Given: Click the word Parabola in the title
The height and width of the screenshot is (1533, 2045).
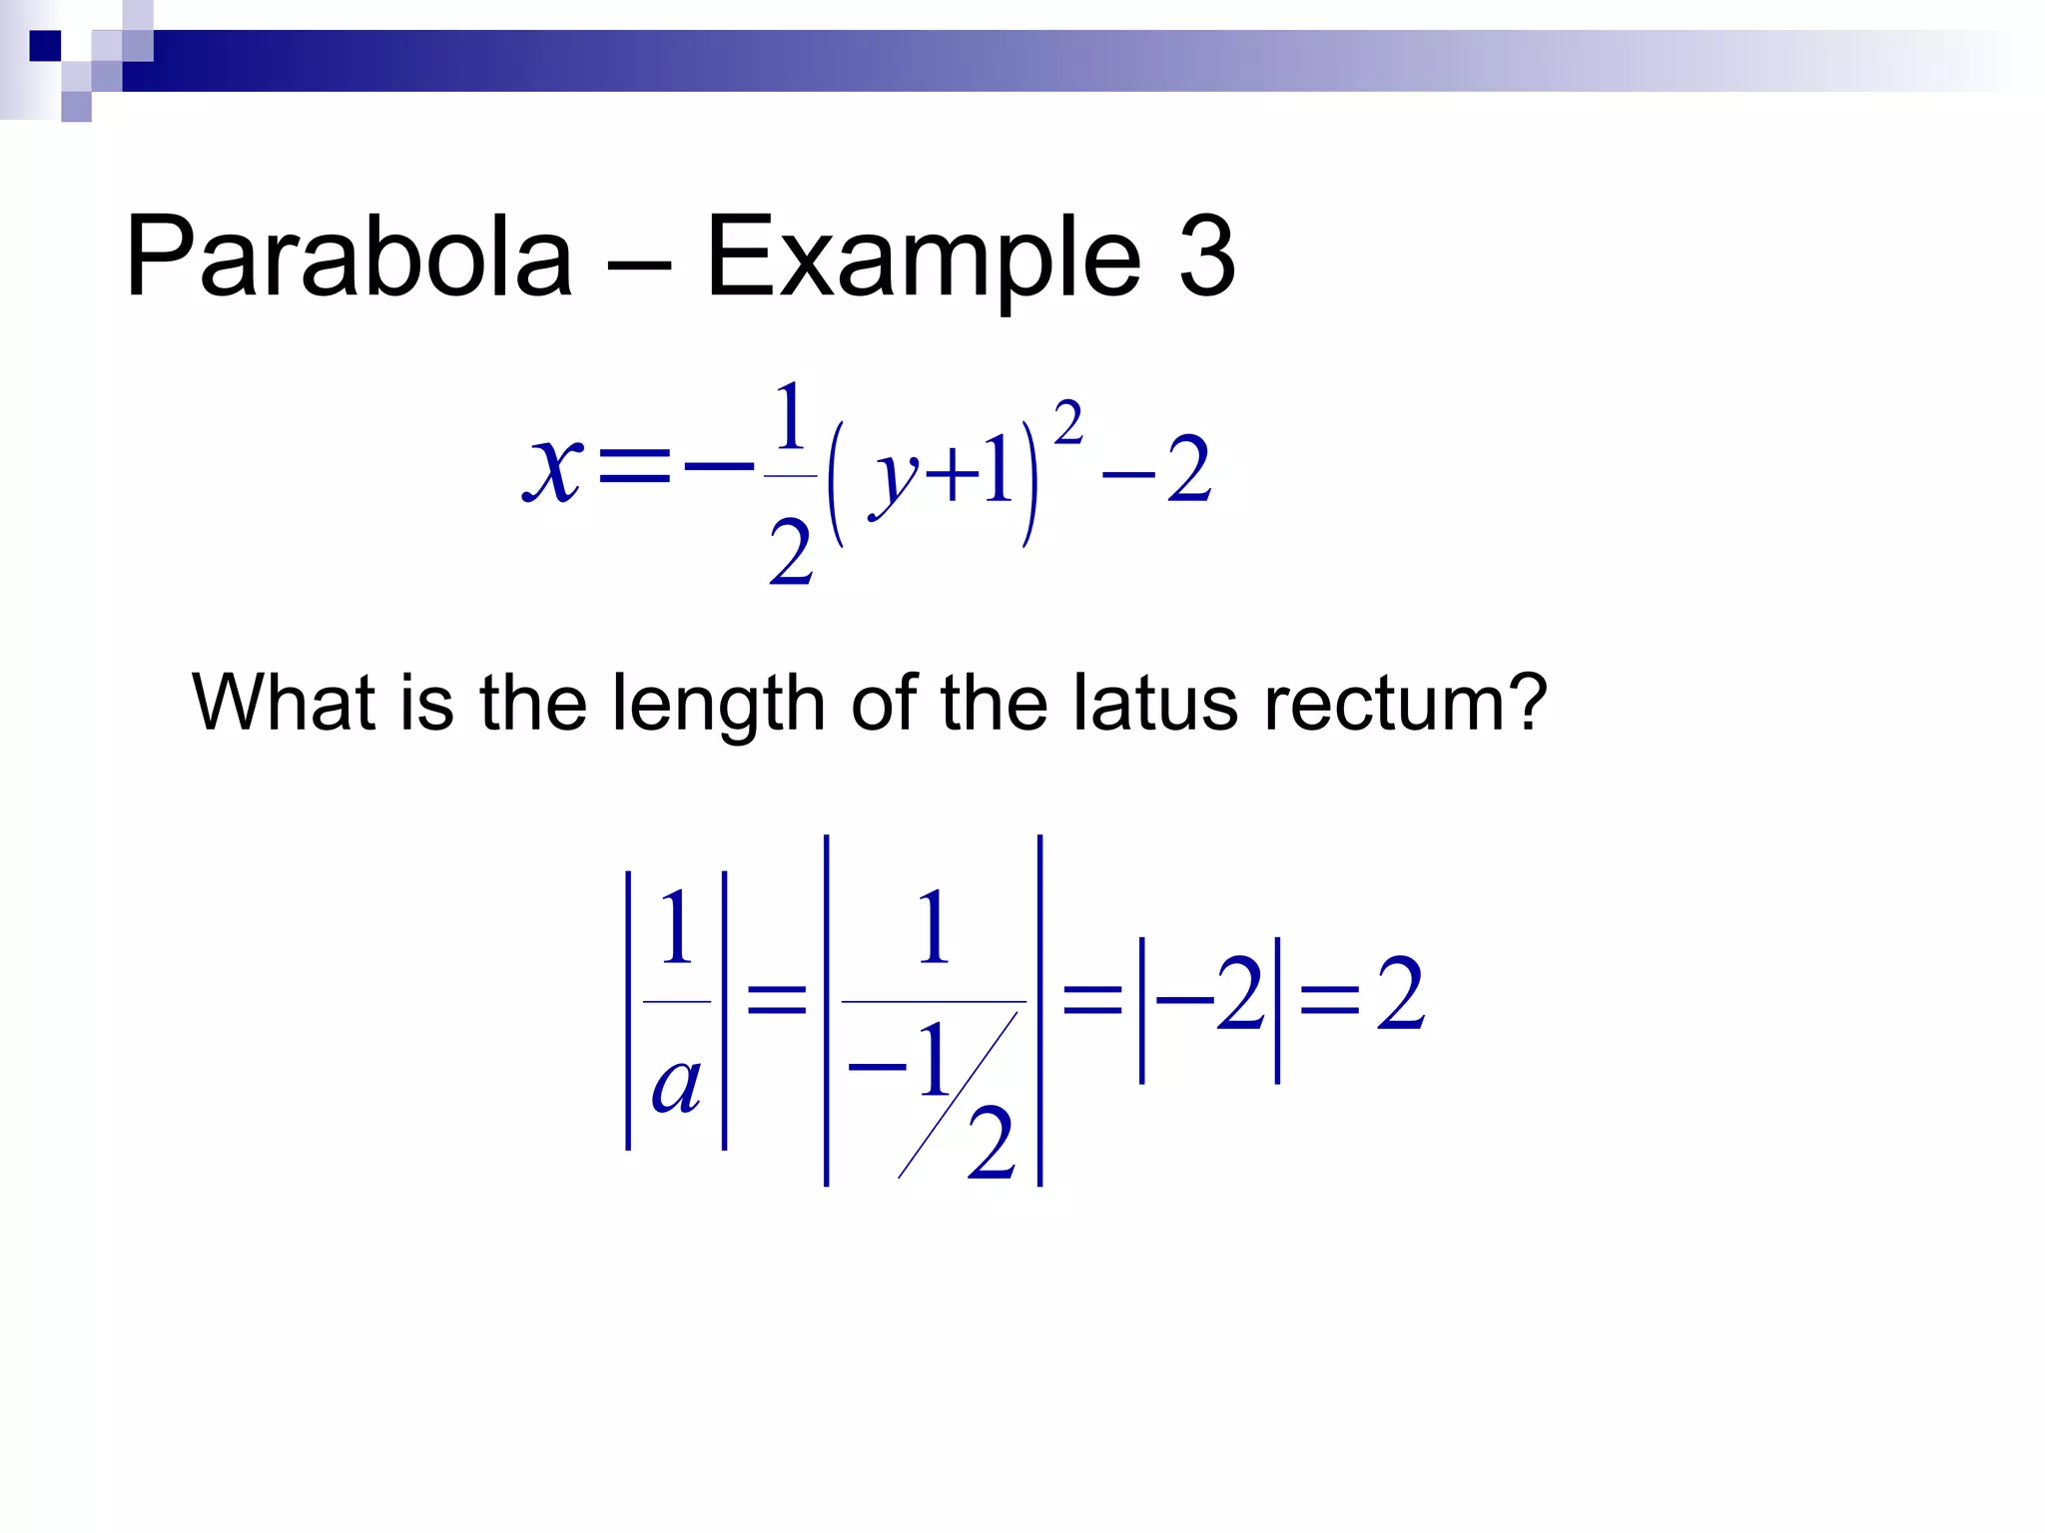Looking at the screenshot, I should [x=348, y=257].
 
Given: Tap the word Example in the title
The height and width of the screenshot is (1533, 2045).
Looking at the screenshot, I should [x=923, y=257].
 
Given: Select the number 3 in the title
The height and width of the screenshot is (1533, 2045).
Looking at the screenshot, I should [x=1206, y=257].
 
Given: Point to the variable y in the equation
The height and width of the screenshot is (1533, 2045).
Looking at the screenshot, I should [x=894, y=479].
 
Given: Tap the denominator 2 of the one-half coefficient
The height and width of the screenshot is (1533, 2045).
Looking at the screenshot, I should [x=790, y=554].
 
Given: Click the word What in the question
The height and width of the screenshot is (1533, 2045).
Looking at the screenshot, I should [x=284, y=703].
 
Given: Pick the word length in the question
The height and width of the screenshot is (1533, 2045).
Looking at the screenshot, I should [x=718, y=705].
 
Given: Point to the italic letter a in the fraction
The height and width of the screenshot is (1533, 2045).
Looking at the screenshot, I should [x=676, y=1085].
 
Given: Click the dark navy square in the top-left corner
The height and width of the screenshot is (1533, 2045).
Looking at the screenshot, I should [x=45, y=46].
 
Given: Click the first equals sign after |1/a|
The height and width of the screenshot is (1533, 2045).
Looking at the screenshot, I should [x=776, y=997].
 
